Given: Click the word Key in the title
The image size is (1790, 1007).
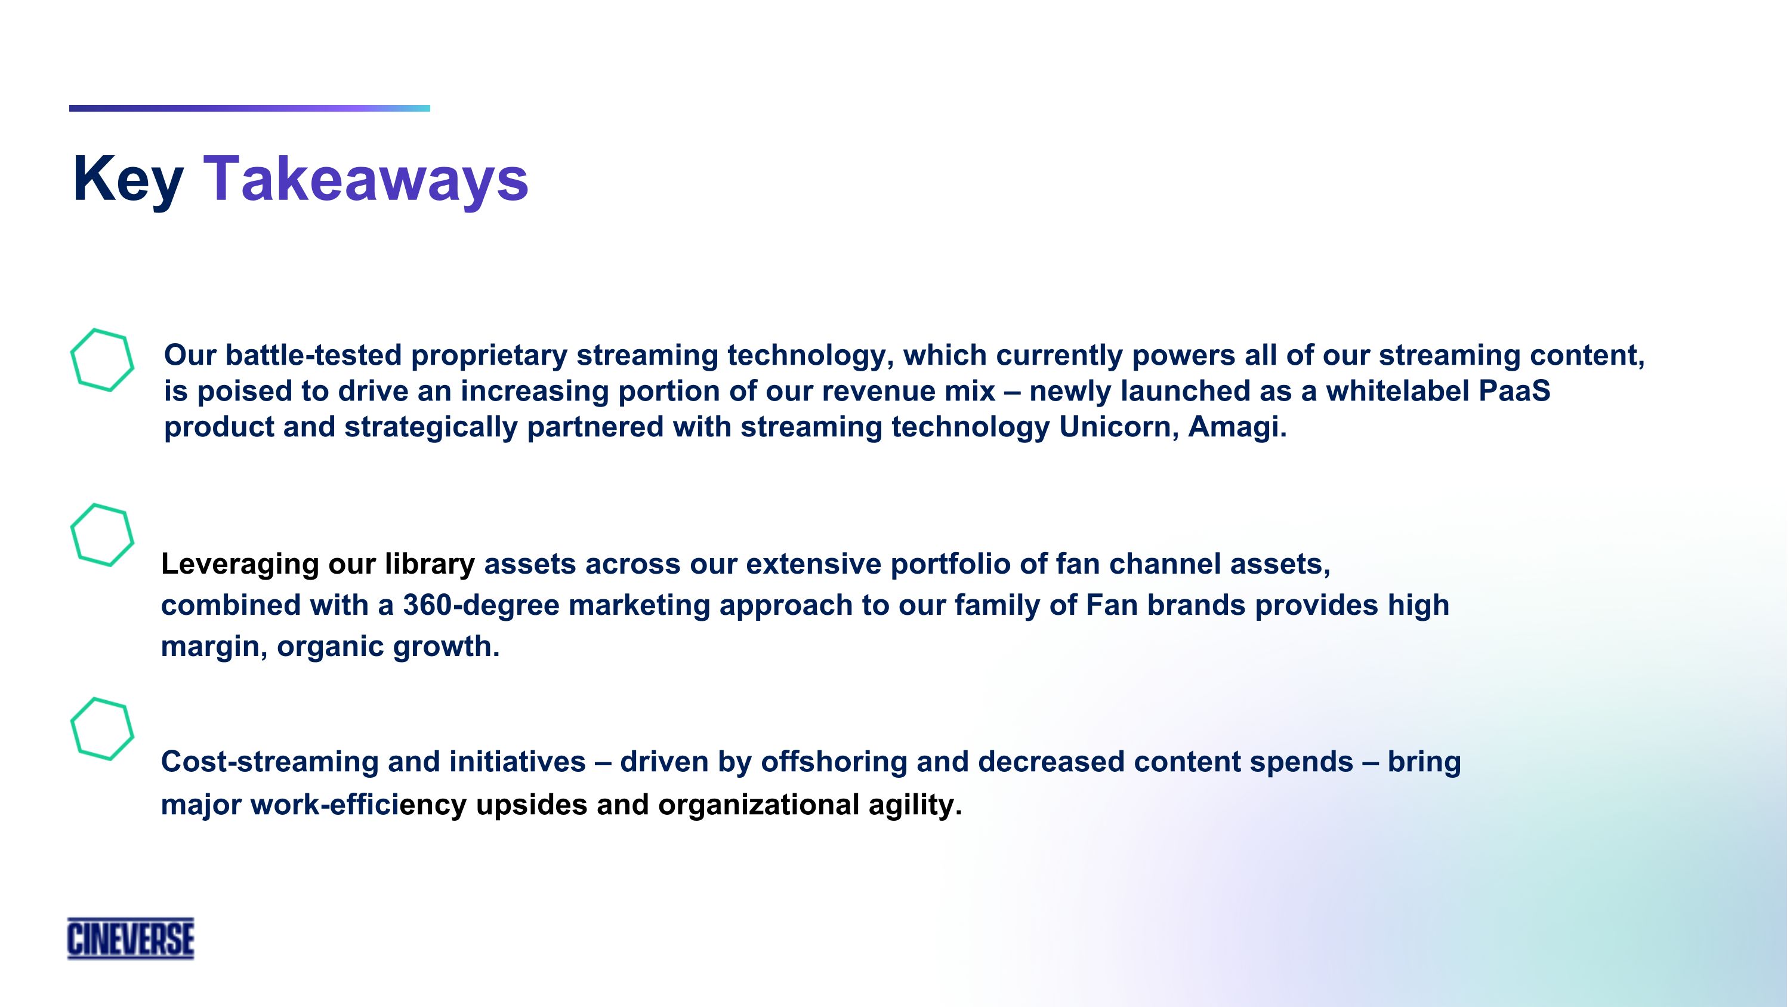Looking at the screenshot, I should [x=128, y=179].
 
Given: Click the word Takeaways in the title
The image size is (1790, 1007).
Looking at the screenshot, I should [x=366, y=179].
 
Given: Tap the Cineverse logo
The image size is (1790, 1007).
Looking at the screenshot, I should [x=131, y=938].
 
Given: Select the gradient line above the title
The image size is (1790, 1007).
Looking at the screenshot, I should [x=249, y=109].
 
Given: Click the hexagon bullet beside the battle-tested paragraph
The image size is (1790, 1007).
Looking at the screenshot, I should [x=102, y=360].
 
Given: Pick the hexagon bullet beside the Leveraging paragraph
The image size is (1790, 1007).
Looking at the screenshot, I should [x=102, y=534].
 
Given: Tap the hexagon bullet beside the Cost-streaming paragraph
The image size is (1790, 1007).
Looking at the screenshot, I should [x=102, y=728].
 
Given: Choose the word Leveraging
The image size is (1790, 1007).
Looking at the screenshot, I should [x=240, y=564].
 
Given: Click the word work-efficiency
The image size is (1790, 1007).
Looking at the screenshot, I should [x=358, y=805].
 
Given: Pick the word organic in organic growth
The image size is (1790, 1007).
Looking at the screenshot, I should [x=329, y=646].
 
